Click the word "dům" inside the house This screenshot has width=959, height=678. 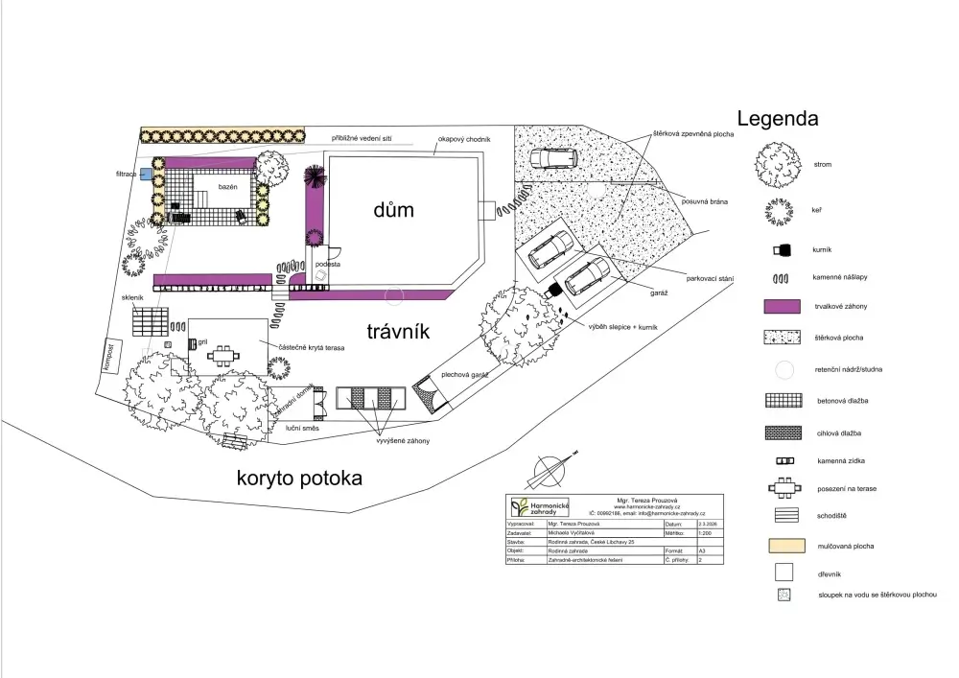click(x=393, y=209)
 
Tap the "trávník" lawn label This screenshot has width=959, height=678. click(x=397, y=332)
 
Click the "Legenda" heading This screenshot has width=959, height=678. click(x=778, y=119)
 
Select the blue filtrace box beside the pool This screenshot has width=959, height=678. click(x=146, y=175)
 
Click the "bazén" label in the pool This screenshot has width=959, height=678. click(x=226, y=185)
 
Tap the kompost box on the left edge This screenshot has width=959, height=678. click(x=110, y=358)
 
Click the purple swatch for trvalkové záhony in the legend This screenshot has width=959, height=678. click(x=782, y=307)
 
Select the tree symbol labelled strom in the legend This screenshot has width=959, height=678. click(x=777, y=164)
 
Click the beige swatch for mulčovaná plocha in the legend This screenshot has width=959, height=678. click(x=782, y=547)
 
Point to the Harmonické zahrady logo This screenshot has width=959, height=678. click(x=538, y=508)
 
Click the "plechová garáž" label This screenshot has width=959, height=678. click(x=466, y=375)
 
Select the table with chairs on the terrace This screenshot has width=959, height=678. click(x=223, y=356)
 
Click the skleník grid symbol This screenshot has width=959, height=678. click(x=150, y=321)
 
